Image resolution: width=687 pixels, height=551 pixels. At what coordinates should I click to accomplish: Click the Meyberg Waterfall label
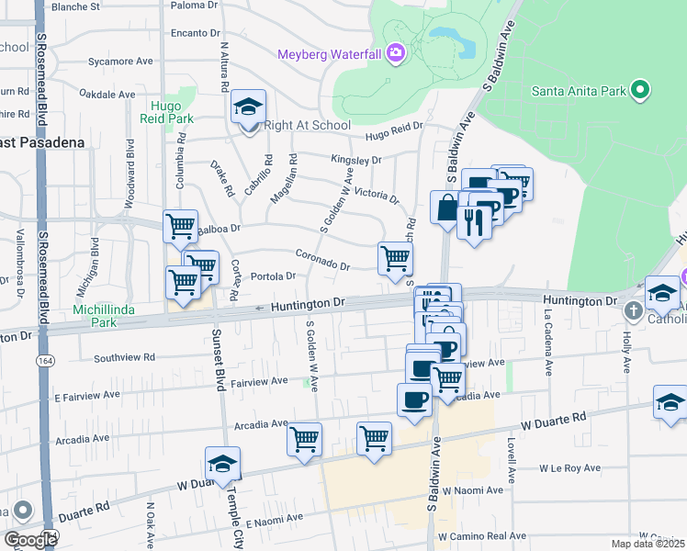click(329, 54)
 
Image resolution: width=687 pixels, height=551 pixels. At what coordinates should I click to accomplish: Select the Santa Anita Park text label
click(579, 91)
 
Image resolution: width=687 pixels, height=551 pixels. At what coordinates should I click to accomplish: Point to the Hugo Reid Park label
click(172, 112)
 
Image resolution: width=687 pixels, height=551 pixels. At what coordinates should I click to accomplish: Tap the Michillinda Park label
click(104, 316)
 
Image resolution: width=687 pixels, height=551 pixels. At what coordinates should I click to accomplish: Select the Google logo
click(30, 540)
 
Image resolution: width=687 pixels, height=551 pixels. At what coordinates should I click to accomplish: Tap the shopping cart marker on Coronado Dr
click(395, 258)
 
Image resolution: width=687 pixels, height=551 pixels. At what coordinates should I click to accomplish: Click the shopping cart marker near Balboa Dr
click(180, 225)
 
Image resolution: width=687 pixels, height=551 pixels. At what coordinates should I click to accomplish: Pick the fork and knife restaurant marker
click(474, 221)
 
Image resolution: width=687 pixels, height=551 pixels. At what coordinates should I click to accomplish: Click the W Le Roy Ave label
click(569, 467)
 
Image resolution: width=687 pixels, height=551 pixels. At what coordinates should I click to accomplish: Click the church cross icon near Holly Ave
click(632, 310)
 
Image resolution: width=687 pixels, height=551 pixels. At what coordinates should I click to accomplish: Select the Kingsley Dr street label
click(356, 160)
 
